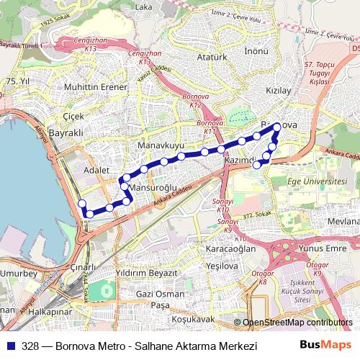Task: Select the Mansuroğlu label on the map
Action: click(152, 189)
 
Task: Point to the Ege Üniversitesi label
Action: click(316, 181)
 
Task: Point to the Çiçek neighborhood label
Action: click(73, 116)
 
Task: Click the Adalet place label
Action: click(96, 170)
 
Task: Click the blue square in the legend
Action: click(11, 346)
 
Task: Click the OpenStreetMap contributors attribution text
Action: click(297, 323)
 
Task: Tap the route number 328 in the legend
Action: click(30, 346)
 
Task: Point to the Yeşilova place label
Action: click(222, 266)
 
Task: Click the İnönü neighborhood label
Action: click(256, 52)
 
